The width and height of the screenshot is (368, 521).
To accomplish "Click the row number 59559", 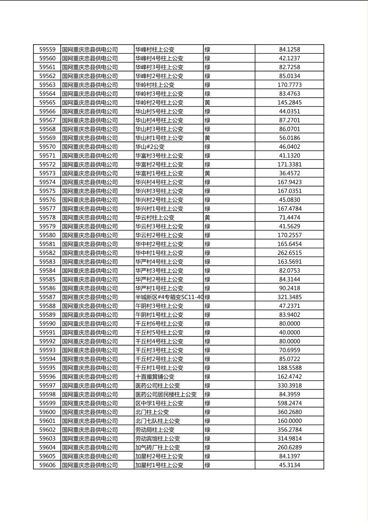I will point(47,50).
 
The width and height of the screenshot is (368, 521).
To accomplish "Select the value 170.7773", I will point(290,85).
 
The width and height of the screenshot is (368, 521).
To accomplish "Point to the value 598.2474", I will point(290,403).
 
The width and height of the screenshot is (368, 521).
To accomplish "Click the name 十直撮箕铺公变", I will point(155,377).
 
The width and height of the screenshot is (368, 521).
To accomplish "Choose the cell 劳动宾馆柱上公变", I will point(158,439).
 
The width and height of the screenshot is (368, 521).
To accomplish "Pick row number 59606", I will point(47,465).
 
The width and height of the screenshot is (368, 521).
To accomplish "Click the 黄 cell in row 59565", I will point(208,103).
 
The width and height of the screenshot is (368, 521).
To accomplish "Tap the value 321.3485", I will point(290,297).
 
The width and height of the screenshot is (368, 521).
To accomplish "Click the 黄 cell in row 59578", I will point(208,218).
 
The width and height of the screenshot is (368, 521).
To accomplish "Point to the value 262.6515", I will point(290,253).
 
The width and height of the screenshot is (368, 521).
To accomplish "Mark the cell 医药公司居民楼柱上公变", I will point(166,395).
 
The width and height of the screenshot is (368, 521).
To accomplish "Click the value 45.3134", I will point(290,465).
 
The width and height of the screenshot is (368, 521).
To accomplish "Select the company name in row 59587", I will point(90,297).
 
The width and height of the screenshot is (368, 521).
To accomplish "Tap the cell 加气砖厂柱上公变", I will point(158,448).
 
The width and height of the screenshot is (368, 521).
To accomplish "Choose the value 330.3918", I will point(290,386).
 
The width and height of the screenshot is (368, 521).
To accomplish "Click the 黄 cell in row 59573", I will point(208,173).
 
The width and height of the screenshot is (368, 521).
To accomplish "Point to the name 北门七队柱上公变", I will point(158,421).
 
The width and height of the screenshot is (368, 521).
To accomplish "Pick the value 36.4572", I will point(290,173).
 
